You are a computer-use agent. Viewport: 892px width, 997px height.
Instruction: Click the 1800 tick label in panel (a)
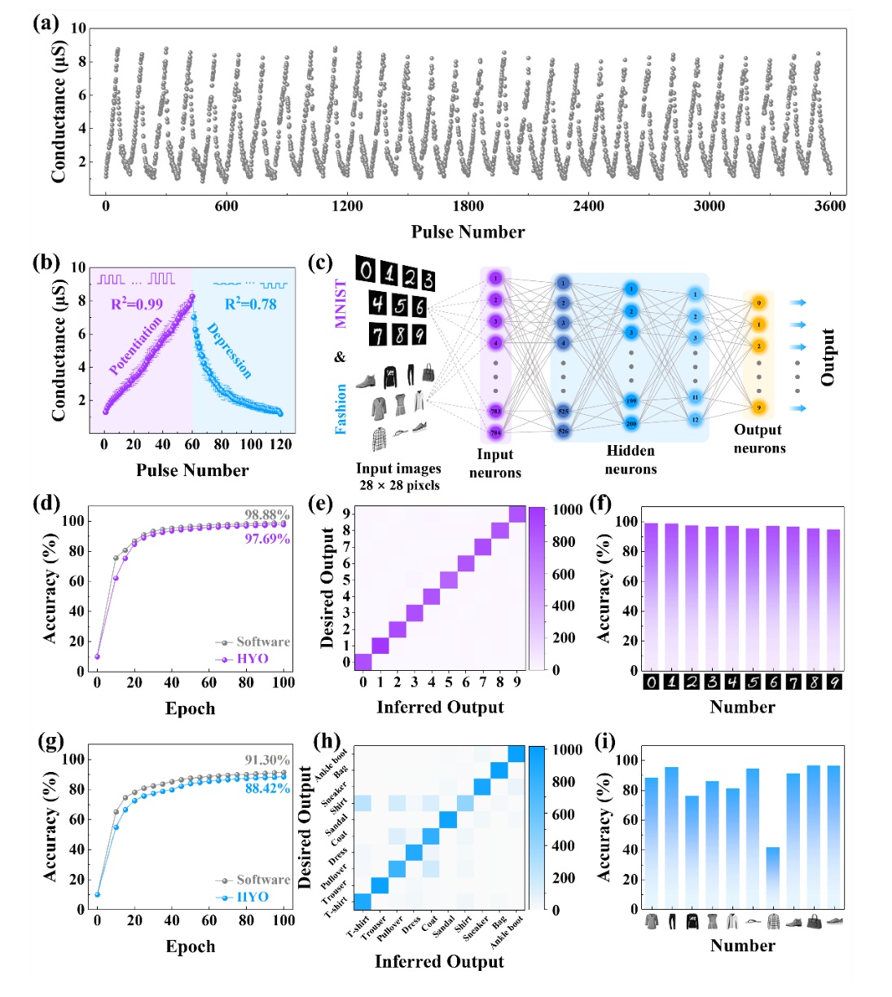(468, 206)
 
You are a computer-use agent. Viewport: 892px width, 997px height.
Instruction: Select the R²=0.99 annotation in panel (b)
(137, 305)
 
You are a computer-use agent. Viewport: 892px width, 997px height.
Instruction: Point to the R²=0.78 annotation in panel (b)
(250, 304)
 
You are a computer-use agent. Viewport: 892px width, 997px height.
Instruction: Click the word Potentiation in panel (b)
(136, 346)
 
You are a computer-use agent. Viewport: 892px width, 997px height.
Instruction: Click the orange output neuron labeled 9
(758, 408)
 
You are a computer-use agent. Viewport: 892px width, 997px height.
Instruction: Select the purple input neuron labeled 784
(495, 433)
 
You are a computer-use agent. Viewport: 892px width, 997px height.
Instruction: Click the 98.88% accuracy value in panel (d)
(267, 514)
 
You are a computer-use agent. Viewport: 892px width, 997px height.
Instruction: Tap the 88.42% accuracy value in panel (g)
(267, 788)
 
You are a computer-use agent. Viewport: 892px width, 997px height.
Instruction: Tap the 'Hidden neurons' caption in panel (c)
(631, 460)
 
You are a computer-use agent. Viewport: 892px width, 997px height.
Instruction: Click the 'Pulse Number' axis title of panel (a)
(468, 232)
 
